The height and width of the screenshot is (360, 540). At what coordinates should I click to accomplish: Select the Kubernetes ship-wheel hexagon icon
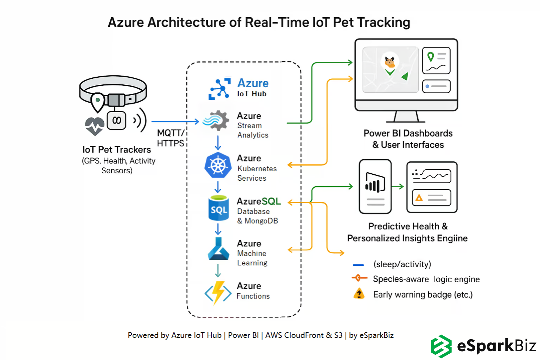(218, 165)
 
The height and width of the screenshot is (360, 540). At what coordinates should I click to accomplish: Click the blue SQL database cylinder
(218, 208)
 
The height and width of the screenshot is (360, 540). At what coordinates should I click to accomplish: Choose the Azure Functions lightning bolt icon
(218, 292)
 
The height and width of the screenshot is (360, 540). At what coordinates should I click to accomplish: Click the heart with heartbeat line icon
(95, 126)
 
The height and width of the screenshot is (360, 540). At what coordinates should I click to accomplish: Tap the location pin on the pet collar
(98, 101)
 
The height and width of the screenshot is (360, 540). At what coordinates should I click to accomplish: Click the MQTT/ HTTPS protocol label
(171, 138)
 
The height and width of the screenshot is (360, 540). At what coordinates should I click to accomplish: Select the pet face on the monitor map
(390, 62)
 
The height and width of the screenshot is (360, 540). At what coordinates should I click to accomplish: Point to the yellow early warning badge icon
(359, 294)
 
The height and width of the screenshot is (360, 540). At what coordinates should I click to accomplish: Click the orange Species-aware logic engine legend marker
(359, 278)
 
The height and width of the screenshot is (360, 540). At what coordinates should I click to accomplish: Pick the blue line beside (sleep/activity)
(358, 265)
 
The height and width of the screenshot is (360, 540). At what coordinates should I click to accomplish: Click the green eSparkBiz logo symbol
(441, 346)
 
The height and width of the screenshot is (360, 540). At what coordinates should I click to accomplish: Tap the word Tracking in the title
(384, 22)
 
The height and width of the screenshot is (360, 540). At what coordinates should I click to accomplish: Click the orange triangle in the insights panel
(419, 198)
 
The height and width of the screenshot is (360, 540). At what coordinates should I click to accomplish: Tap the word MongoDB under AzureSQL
(261, 221)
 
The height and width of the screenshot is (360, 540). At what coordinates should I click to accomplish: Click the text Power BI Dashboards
(408, 134)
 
